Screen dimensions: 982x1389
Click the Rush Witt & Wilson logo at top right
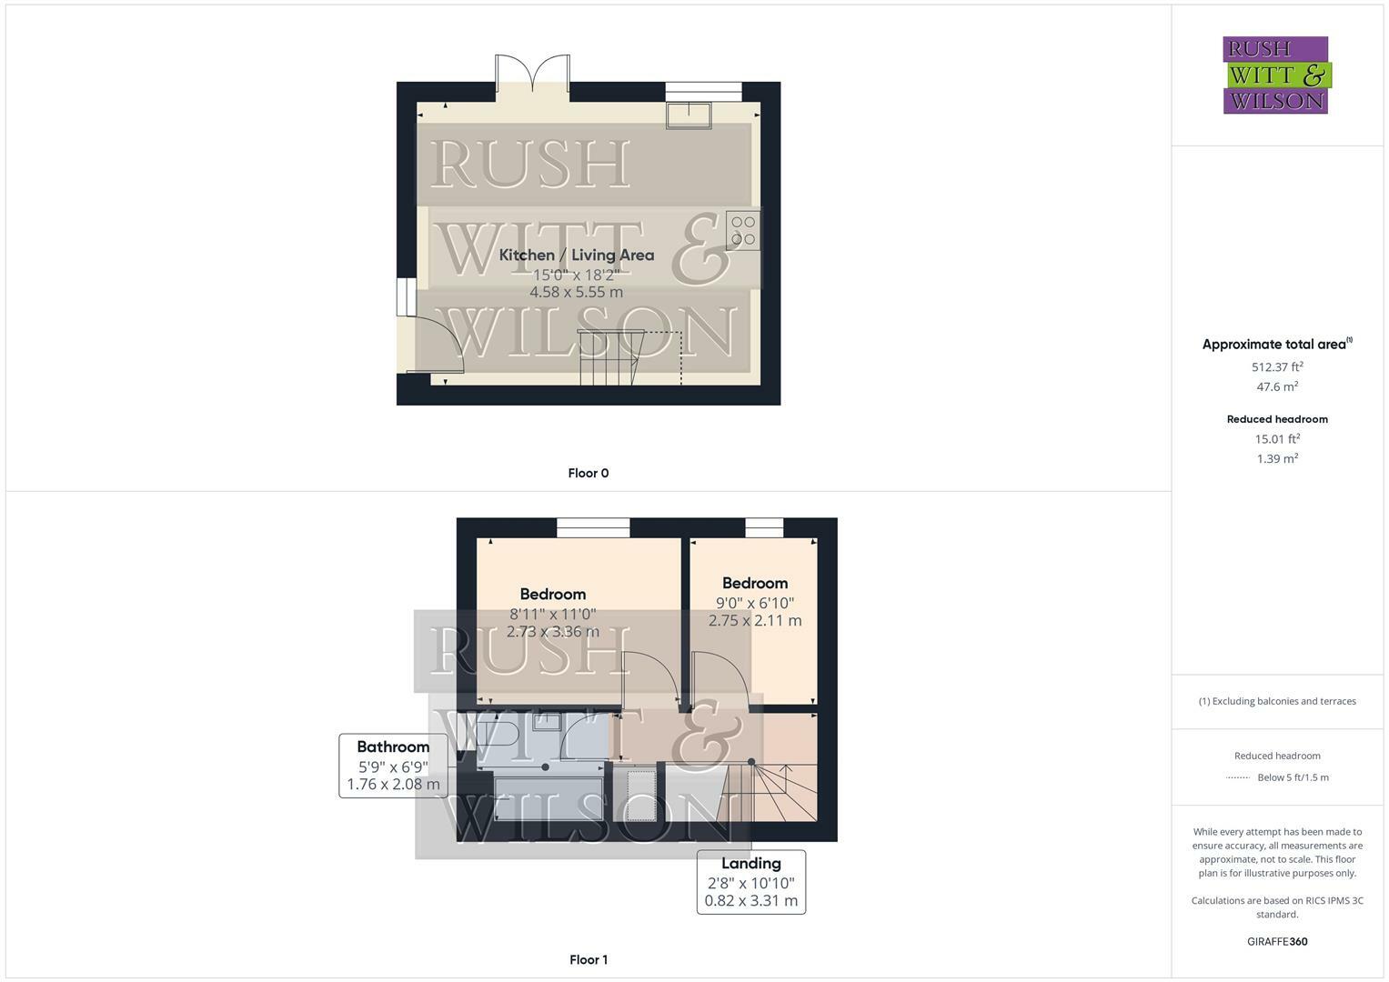pyautogui.click(x=1275, y=75)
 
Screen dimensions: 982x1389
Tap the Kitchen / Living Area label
pyautogui.click(x=577, y=256)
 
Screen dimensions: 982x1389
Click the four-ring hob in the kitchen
pyautogui.click(x=742, y=230)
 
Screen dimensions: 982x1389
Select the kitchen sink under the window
pyautogui.click(x=689, y=115)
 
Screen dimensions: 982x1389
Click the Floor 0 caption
pyautogui.click(x=588, y=473)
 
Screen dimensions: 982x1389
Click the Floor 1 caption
pyautogui.click(x=588, y=959)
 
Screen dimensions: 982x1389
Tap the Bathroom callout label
pyautogui.click(x=393, y=747)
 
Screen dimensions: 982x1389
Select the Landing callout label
pyautogui.click(x=750, y=864)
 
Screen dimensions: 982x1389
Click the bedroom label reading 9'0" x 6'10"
pyautogui.click(x=755, y=603)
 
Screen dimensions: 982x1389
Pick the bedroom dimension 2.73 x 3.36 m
pyautogui.click(x=553, y=632)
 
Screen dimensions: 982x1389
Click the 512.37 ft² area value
pyautogui.click(x=1277, y=367)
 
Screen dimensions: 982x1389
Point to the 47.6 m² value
pyautogui.click(x=1277, y=387)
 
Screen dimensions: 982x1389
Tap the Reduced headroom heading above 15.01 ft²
pyautogui.click(x=1277, y=419)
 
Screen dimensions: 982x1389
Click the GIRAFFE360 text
pyautogui.click(x=1277, y=942)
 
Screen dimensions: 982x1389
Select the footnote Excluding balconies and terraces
pyautogui.click(x=1277, y=701)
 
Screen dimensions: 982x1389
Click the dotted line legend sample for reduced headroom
pyautogui.click(x=1237, y=777)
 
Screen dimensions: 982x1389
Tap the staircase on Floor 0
pyautogui.click(x=610, y=357)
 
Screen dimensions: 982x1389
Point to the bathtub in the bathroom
pyautogui.click(x=548, y=797)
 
